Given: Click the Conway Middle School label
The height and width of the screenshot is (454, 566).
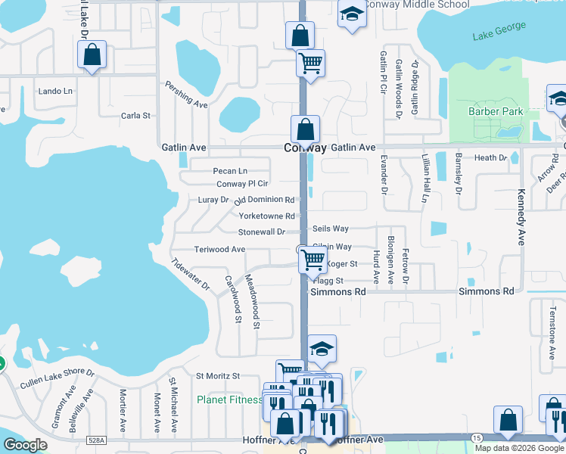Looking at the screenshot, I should tap(416, 5).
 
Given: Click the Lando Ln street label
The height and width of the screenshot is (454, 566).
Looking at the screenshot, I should tap(55, 92).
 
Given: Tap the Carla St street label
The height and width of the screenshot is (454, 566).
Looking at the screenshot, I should tap(136, 116).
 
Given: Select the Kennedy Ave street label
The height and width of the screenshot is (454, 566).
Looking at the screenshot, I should tap(521, 217).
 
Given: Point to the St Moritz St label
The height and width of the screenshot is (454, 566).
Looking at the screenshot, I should tap(218, 375).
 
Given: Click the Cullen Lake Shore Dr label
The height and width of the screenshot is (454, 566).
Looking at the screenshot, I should tap(58, 378).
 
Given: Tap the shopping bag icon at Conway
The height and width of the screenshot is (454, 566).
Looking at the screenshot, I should tap(305, 129).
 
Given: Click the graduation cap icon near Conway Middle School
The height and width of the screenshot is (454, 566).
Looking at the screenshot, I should tap(351, 15).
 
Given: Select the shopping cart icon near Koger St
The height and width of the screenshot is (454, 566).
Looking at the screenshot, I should tap(313, 260).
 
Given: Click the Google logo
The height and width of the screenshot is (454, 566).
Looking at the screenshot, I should tap(26, 445).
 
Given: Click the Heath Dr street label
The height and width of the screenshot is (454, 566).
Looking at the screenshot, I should tap(490, 157).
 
